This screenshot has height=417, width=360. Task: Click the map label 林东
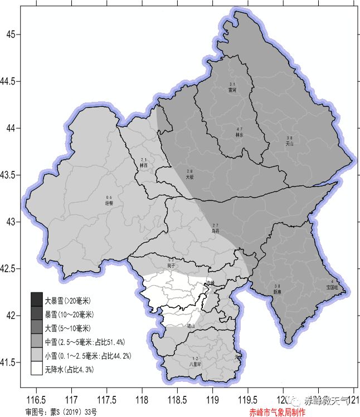pyautogui.click(x=240, y=135)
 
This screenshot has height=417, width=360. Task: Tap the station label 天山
pyautogui.click(x=289, y=143)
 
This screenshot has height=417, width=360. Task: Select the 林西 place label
pyautogui.click(x=144, y=165)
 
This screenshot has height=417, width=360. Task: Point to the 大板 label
pyautogui.click(x=190, y=177)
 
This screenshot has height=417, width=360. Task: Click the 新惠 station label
pyautogui.click(x=277, y=292)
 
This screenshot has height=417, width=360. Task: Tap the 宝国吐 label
pyautogui.click(x=332, y=287)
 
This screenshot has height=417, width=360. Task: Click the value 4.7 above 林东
pyautogui.click(x=240, y=129)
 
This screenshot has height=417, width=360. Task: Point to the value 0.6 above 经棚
pyautogui.click(x=109, y=198)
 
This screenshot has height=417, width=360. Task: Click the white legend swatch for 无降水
pyautogui.click(x=37, y=369)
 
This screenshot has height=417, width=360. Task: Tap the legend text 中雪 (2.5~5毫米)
pyautogui.click(x=83, y=341)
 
